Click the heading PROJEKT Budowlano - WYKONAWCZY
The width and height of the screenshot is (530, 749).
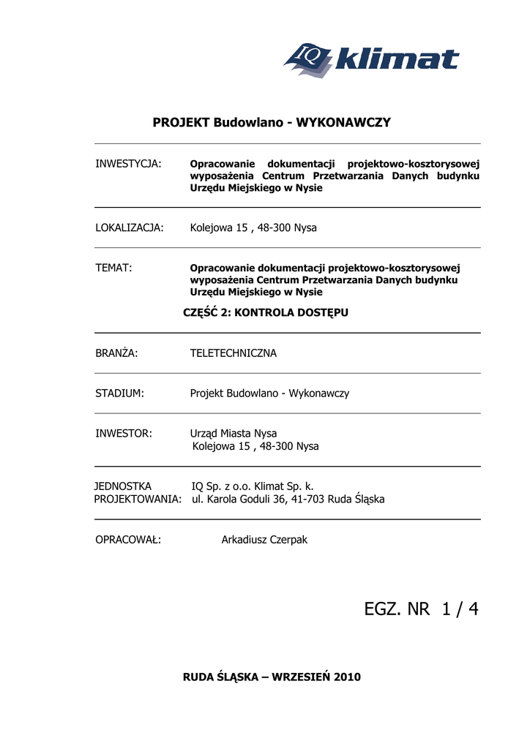[x=272, y=122]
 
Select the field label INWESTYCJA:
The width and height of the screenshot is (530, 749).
[x=128, y=162]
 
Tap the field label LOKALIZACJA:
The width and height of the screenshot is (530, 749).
[x=130, y=227]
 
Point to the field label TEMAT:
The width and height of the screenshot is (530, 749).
[x=113, y=268]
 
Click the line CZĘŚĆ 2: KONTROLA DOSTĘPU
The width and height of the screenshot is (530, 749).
[x=265, y=312]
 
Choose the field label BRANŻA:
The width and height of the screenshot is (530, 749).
[x=117, y=353]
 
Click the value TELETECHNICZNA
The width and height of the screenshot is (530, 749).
[x=234, y=353]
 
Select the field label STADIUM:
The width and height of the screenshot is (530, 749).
[x=119, y=394]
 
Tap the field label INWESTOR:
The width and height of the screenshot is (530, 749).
[x=124, y=434]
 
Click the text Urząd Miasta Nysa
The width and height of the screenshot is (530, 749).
[x=234, y=434]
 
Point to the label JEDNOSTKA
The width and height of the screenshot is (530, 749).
[x=123, y=486]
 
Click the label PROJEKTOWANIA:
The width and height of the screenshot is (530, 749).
[x=138, y=500]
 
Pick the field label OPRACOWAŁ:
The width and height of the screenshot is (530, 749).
[x=128, y=540]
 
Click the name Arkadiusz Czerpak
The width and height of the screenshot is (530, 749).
[x=264, y=540]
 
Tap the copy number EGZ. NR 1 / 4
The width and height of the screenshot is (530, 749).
[x=421, y=609]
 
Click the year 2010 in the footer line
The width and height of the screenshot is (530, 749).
[x=347, y=677]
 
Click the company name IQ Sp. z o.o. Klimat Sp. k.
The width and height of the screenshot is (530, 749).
[x=253, y=486]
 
